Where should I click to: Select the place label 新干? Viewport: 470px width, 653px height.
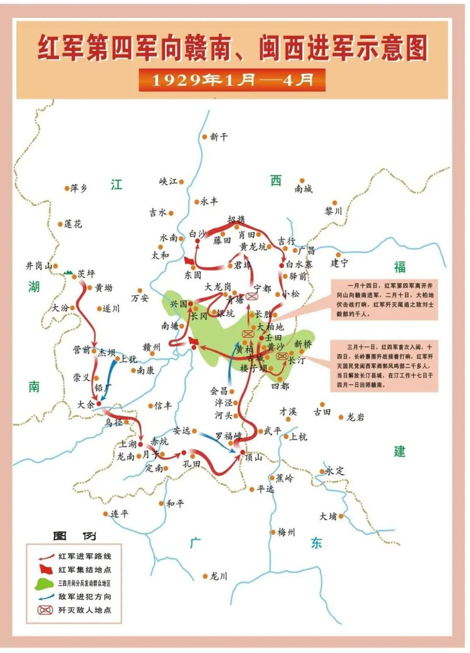tap(220, 136)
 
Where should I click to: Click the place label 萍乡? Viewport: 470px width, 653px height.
tap(79, 189)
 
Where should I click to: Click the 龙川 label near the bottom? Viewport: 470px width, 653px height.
tap(219, 576)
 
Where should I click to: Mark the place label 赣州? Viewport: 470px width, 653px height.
tap(152, 347)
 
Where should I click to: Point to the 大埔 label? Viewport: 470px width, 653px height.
tap(331, 516)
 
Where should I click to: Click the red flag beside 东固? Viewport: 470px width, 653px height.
tap(189, 260)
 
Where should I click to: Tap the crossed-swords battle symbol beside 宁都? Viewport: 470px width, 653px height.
tap(252, 296)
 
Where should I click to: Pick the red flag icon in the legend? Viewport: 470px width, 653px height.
tap(44, 569)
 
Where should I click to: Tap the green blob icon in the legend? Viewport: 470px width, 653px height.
tap(44, 583)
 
